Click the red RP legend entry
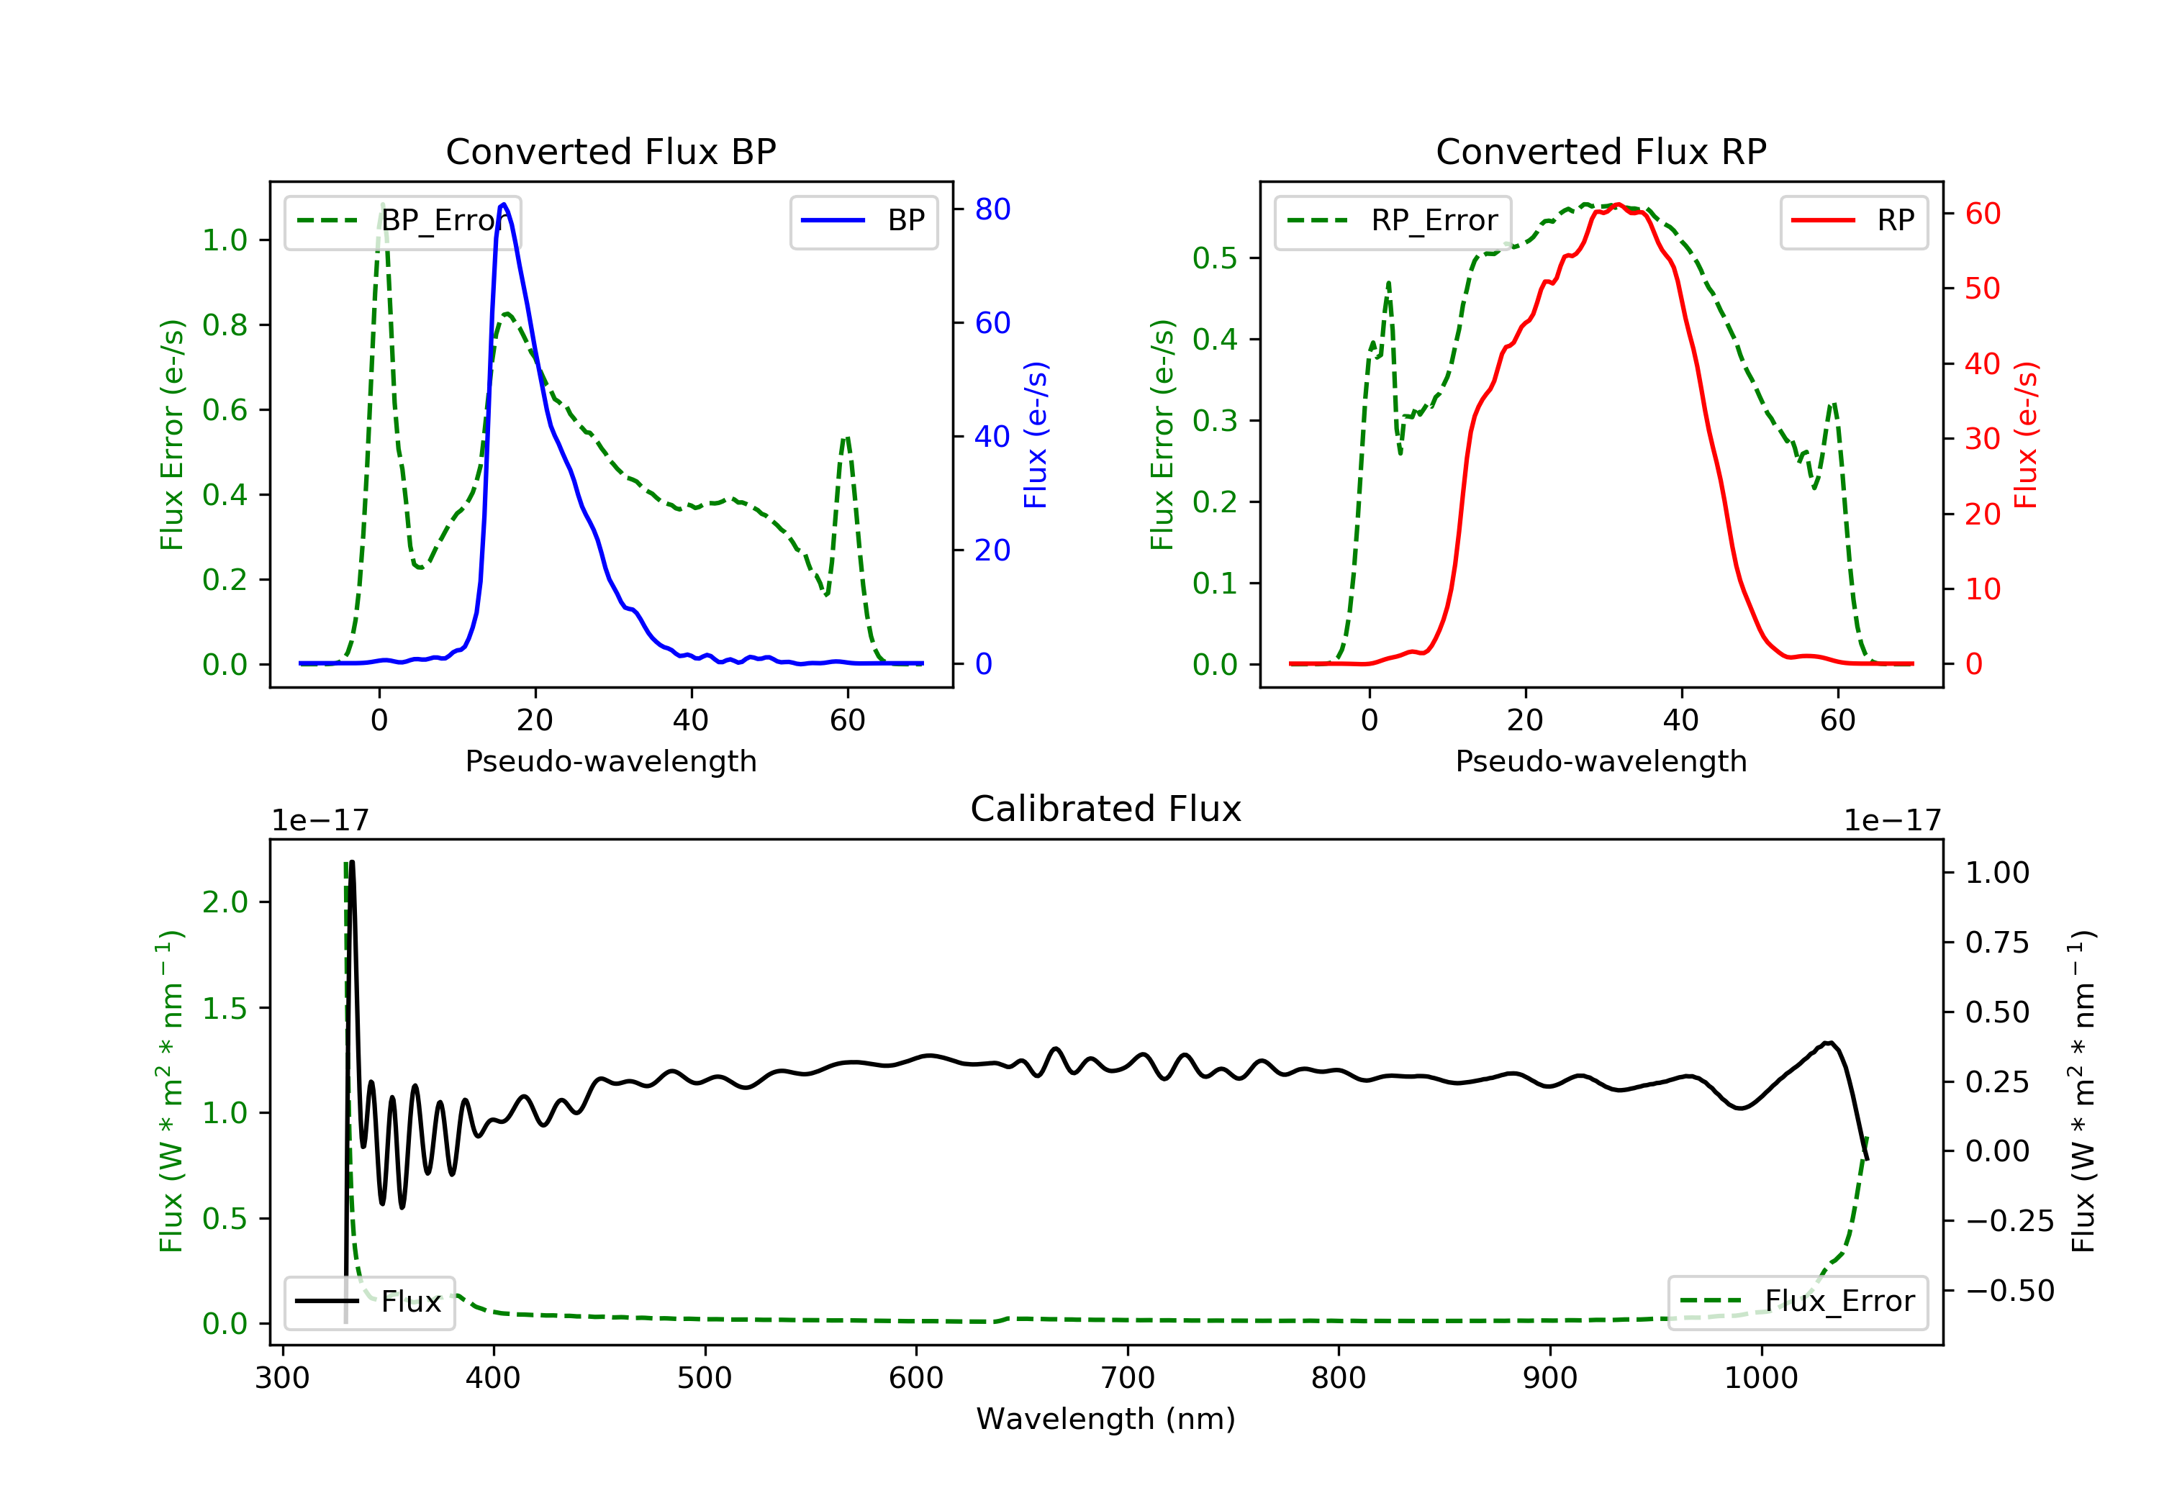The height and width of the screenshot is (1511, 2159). click(1853, 221)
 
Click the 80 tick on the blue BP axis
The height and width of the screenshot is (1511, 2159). click(992, 209)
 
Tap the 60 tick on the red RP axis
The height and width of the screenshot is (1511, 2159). click(1982, 214)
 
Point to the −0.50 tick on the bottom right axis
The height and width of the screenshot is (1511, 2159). click(2009, 1291)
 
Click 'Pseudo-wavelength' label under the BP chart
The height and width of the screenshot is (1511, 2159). click(610, 761)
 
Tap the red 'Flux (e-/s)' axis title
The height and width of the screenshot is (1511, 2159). click(2025, 435)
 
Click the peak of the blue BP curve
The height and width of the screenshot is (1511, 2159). click(504, 204)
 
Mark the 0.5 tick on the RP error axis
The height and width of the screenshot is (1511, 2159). click(1214, 258)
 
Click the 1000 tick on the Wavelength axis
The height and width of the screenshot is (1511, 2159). click(1760, 1379)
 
